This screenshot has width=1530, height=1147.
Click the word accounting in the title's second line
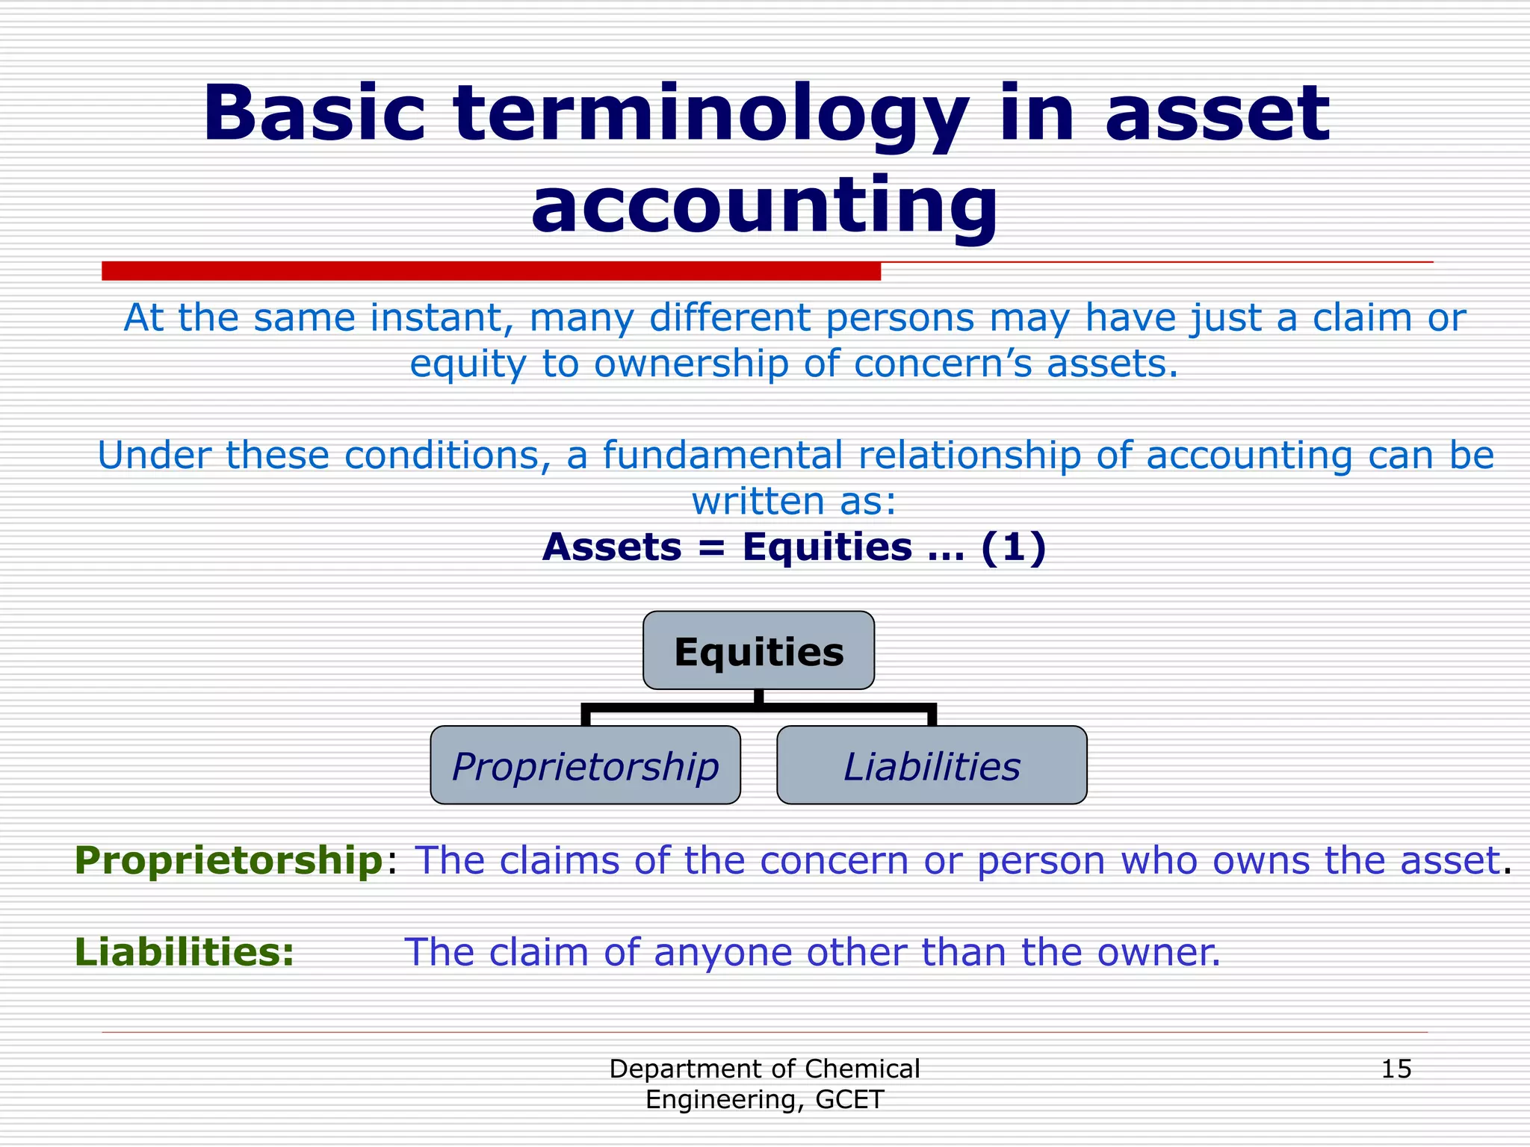click(x=764, y=205)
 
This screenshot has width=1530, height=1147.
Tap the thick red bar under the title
click(x=491, y=271)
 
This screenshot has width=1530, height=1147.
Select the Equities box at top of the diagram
click(x=758, y=651)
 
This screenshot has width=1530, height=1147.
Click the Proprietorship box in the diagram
click(x=585, y=766)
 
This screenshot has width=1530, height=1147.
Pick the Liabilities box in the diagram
click(x=932, y=766)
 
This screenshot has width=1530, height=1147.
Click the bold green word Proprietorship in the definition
click(x=229, y=860)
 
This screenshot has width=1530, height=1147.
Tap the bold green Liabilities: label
click(x=185, y=952)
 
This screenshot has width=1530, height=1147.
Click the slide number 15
click(x=1396, y=1069)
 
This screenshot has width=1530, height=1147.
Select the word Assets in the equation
click(x=612, y=547)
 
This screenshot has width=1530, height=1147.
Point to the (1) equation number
click(x=1013, y=547)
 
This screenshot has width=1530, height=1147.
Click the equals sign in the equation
click(x=712, y=549)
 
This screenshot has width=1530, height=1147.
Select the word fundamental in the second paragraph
click(x=722, y=456)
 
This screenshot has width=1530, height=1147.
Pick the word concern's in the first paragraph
click(x=942, y=364)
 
